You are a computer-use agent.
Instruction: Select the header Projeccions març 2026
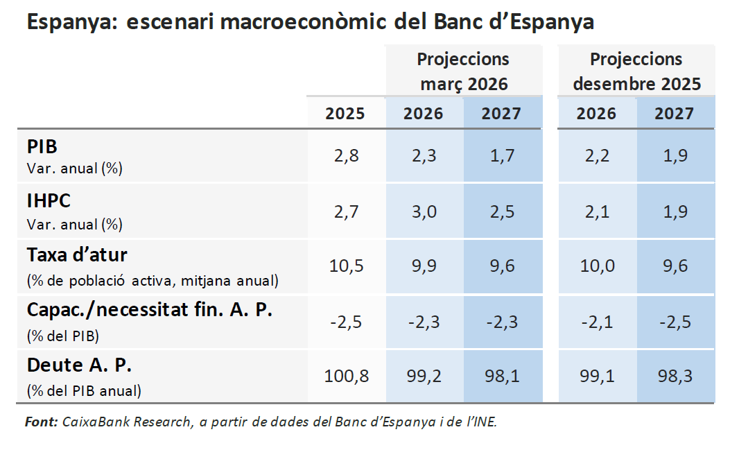(x=463, y=71)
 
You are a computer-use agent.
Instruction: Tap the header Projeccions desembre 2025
(x=636, y=71)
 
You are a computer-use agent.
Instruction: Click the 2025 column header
(x=345, y=113)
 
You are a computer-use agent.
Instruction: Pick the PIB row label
(x=42, y=147)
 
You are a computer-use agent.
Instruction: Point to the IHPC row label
(x=49, y=201)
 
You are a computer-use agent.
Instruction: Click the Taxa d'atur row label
(x=77, y=255)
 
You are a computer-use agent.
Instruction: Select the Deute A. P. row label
(x=79, y=365)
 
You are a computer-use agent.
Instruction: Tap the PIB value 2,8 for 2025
(x=345, y=155)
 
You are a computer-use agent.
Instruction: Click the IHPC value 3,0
(x=423, y=211)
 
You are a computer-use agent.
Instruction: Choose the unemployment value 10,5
(x=345, y=266)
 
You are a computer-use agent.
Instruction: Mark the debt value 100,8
(x=346, y=377)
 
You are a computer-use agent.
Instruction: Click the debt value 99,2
(x=423, y=377)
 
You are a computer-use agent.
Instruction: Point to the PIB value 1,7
(x=501, y=155)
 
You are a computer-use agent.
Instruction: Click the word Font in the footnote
(x=41, y=422)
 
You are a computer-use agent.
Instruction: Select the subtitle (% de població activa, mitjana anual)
(x=153, y=281)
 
